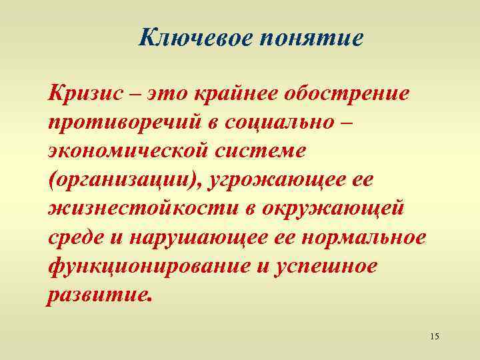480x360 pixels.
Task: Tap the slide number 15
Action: point(435,335)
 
